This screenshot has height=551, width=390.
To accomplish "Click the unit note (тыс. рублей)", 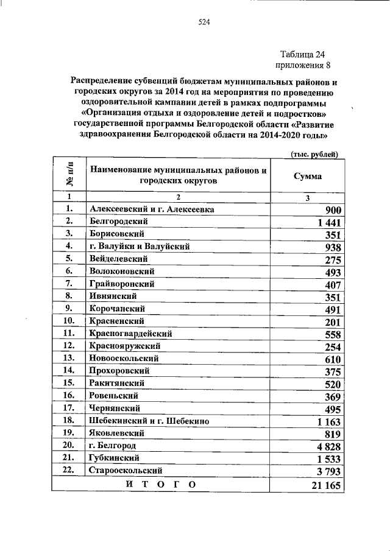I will pos(314,155).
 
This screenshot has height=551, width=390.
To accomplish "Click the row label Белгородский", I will pos(118,222).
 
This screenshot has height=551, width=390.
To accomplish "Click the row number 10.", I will pos(69,321).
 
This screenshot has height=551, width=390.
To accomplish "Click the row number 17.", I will pos(69,408).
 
